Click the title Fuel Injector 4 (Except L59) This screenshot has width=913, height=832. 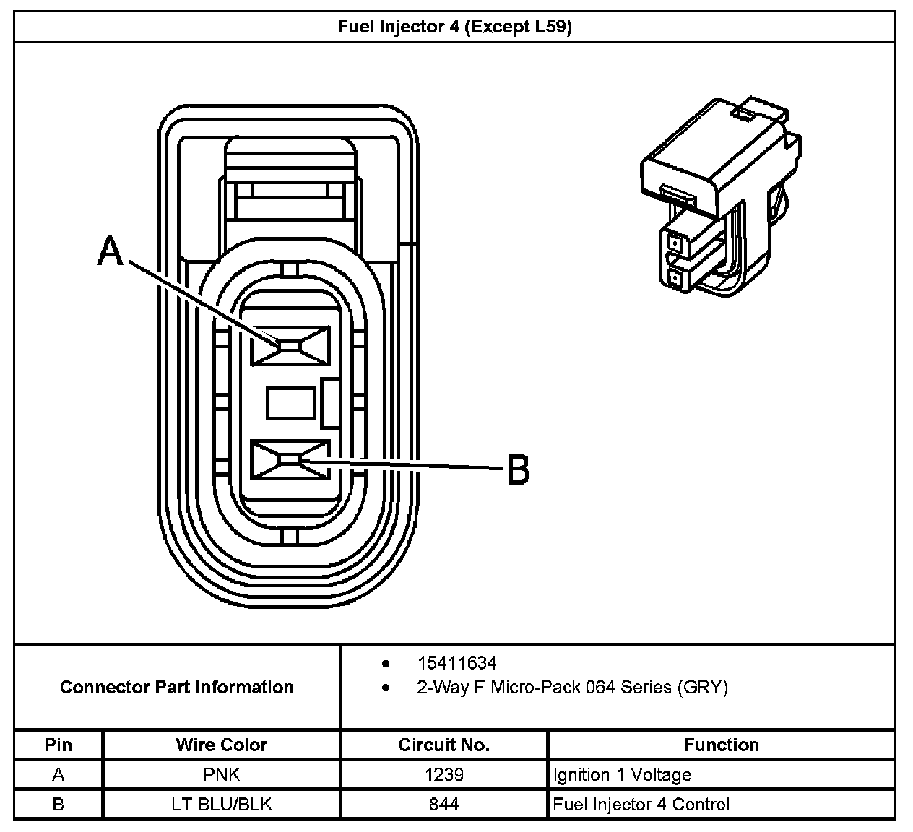tap(455, 27)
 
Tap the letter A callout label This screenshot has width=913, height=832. tap(111, 251)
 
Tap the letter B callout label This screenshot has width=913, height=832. tap(518, 469)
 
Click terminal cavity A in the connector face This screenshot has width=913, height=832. tap(290, 345)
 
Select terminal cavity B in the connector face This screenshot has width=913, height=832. tap(290, 459)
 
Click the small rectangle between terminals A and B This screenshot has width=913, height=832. tap(290, 403)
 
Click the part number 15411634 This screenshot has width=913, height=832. tap(456, 663)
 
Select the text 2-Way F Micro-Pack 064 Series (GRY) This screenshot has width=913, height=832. tap(572, 687)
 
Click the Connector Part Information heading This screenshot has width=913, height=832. tap(177, 687)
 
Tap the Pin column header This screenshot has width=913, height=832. tap(59, 745)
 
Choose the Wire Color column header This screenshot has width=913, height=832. tap(222, 745)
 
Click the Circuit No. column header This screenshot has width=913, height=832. tap(443, 745)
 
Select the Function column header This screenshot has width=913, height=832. tap(721, 745)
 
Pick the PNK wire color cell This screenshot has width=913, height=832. tap(222, 775)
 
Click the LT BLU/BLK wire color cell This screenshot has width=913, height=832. tap(222, 804)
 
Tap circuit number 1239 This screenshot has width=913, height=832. tap(443, 775)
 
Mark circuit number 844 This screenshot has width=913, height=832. tap(443, 804)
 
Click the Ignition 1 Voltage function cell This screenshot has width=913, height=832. tap(622, 775)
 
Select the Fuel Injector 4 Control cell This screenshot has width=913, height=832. tap(641, 804)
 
